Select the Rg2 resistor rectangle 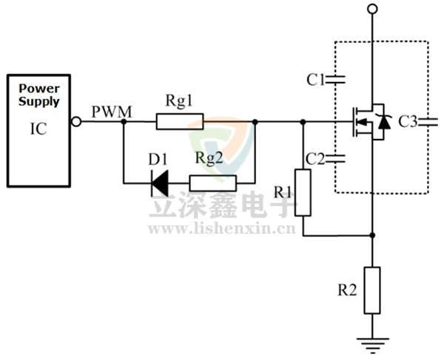click(212, 183)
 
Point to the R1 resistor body click(303, 192)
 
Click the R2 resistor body click(372, 290)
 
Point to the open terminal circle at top click(372, 9)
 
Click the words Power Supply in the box click(39, 95)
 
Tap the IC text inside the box click(38, 129)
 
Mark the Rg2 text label click(209, 158)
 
